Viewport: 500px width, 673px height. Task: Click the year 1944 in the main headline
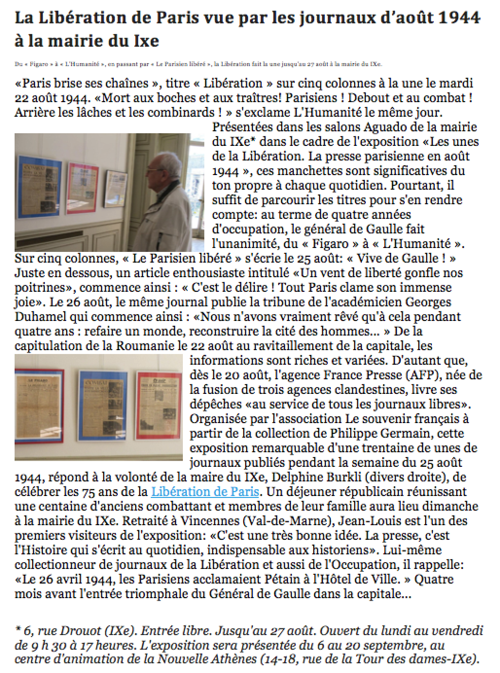click(x=459, y=18)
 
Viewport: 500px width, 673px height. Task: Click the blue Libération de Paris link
click(x=205, y=492)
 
